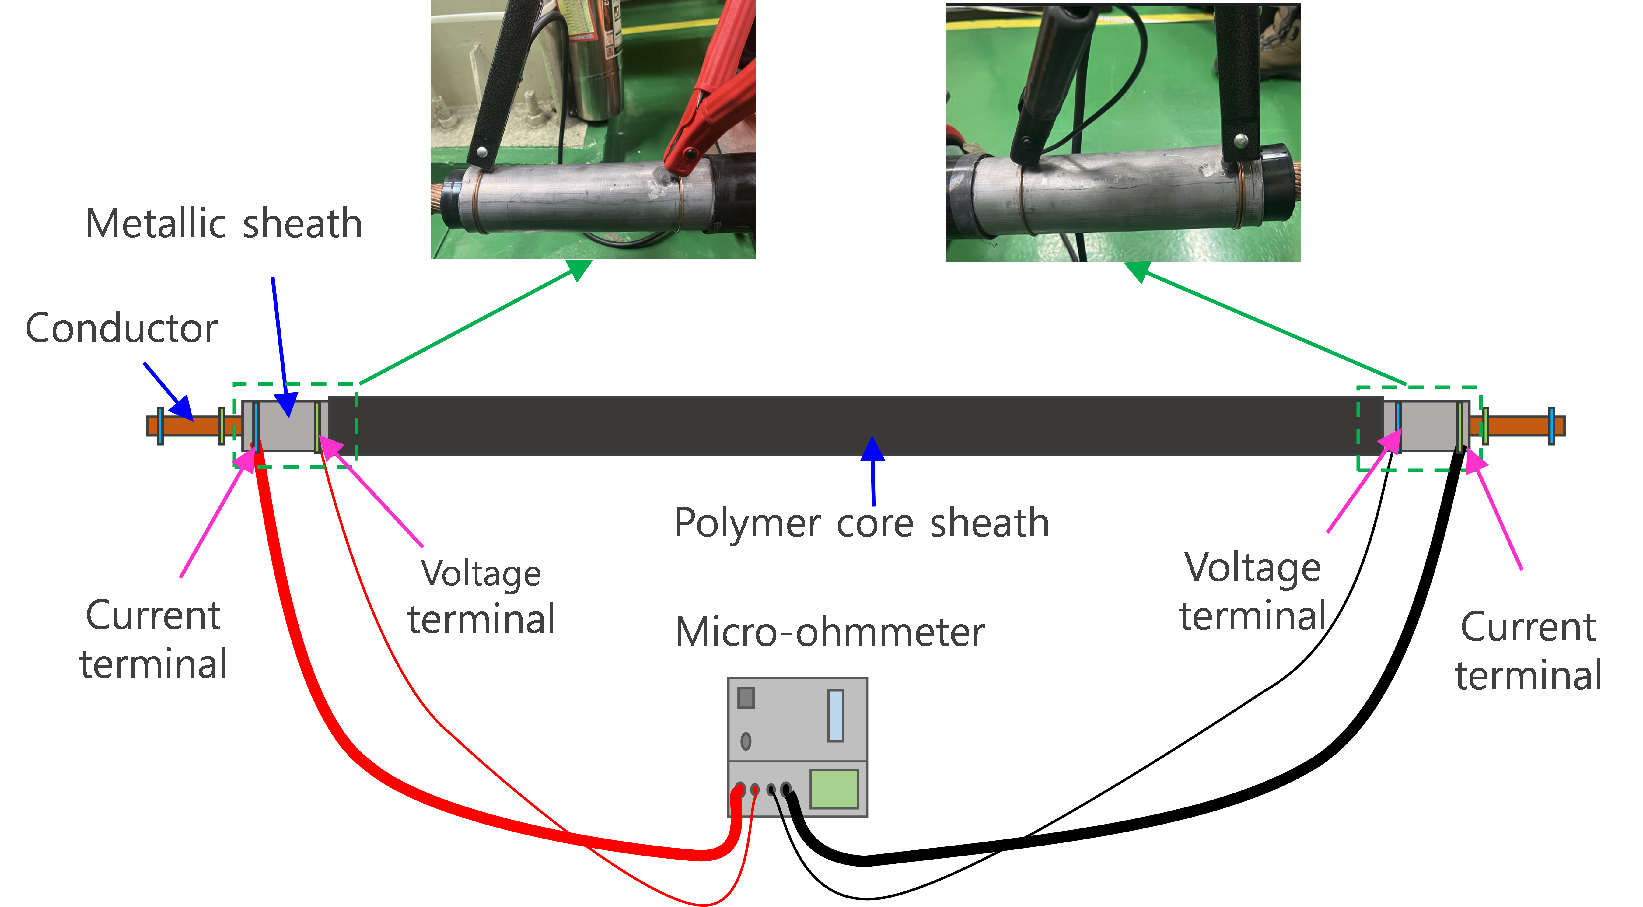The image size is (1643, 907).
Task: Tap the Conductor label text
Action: click(x=121, y=328)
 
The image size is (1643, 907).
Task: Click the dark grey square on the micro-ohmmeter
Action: click(x=746, y=697)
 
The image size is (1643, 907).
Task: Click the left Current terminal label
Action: click(x=153, y=639)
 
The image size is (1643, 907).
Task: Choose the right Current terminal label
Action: click(x=1528, y=651)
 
